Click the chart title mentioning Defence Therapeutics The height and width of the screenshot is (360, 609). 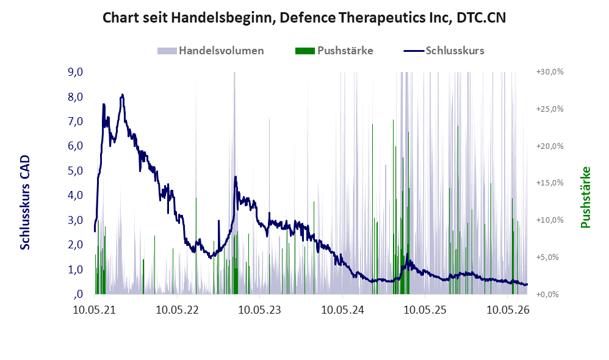(304, 18)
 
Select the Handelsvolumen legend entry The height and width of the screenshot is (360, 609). (211, 51)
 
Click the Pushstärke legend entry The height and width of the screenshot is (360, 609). (334, 51)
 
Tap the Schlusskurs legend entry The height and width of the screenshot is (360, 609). (444, 51)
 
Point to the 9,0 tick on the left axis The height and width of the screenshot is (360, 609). (75, 72)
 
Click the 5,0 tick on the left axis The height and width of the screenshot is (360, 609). (75, 170)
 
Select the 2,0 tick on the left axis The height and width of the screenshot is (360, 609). (75, 245)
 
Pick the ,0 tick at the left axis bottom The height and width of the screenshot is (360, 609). (78, 294)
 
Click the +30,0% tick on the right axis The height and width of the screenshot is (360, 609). (550, 72)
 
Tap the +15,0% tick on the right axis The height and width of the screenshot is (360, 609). (550, 183)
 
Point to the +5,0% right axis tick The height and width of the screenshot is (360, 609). (547, 257)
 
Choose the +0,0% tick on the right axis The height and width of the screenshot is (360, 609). (547, 294)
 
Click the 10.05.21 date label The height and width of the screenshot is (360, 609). (95, 310)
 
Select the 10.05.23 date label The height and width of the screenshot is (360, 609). (259, 310)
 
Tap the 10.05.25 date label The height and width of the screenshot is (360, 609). (425, 310)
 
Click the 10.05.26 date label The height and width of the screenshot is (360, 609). (508, 310)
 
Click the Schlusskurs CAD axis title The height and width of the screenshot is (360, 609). (25, 203)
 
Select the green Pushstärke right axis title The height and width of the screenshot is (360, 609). (585, 197)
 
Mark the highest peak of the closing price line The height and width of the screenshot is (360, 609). (122, 95)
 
